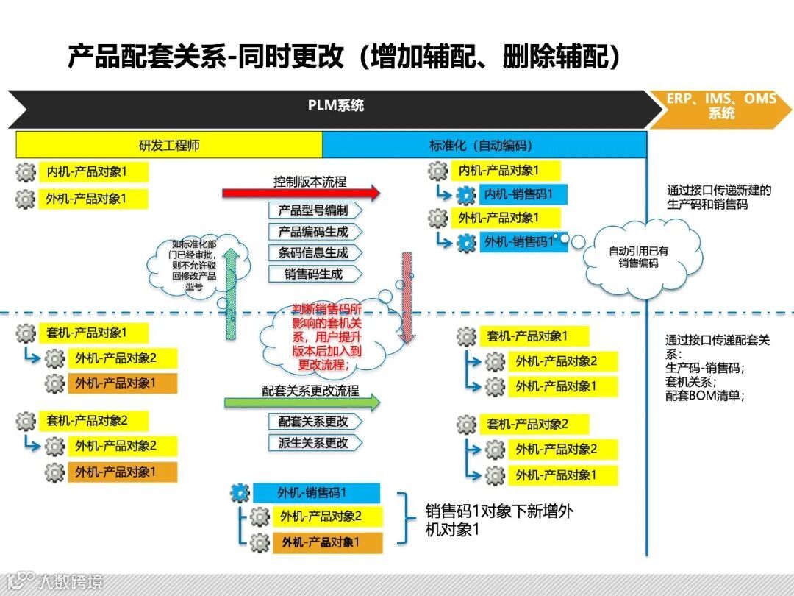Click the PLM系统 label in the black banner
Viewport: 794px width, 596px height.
(x=335, y=106)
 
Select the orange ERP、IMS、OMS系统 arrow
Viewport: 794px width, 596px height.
(x=721, y=107)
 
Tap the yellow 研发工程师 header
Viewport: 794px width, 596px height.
(x=169, y=145)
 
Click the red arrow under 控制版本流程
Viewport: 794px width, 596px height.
(x=301, y=194)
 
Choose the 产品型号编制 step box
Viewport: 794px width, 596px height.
(x=313, y=210)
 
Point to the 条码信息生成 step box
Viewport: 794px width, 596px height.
(x=313, y=252)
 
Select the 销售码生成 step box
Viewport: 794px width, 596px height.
(x=313, y=274)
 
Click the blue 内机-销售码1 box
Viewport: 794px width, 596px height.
(x=525, y=195)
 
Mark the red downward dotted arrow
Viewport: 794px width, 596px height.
(x=407, y=298)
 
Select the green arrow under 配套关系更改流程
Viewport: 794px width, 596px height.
(x=302, y=402)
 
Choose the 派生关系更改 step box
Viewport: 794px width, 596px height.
(x=313, y=443)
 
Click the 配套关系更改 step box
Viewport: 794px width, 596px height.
(x=313, y=422)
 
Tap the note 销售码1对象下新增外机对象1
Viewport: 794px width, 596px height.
(x=498, y=520)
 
